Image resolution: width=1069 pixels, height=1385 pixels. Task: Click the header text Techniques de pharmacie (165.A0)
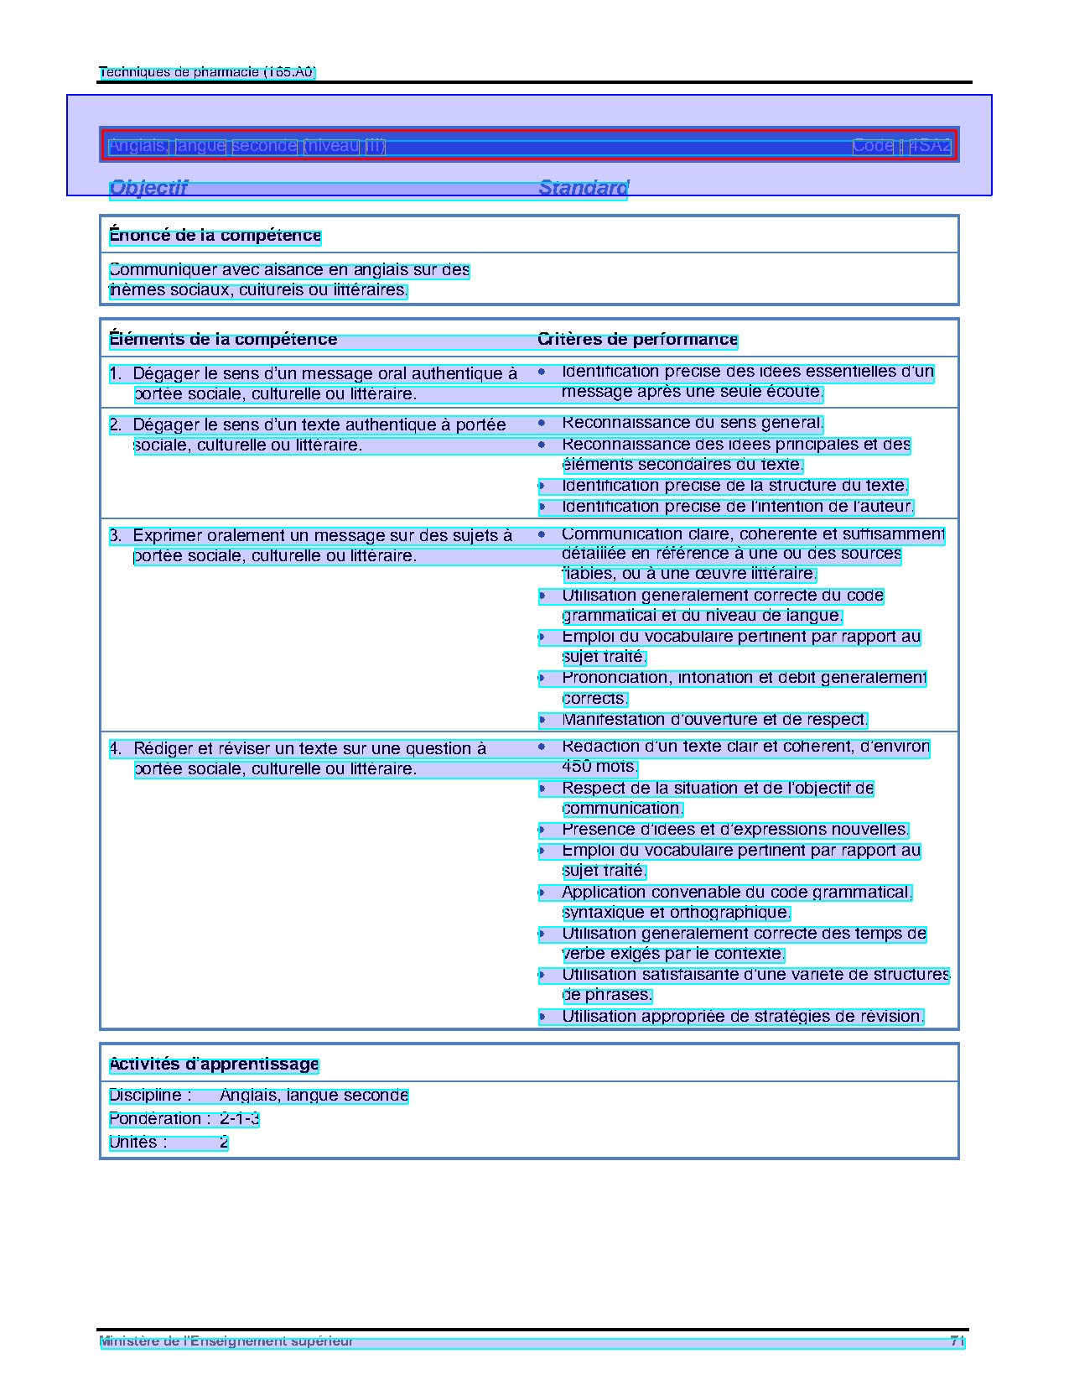point(207,72)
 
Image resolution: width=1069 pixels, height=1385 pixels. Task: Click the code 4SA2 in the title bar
point(930,146)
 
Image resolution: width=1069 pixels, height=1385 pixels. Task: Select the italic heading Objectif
point(148,188)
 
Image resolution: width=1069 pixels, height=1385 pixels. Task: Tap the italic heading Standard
point(584,188)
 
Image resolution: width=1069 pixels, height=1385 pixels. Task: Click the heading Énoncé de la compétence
point(215,236)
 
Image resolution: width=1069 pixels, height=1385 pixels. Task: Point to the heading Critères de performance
point(637,340)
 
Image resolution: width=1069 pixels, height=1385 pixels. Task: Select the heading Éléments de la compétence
point(223,340)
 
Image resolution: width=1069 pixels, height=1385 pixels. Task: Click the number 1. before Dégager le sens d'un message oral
point(116,374)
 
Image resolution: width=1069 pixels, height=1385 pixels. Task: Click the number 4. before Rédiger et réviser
point(116,749)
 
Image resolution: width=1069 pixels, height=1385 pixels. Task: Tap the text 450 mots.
point(599,767)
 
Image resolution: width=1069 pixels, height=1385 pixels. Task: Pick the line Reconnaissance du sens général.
point(693,424)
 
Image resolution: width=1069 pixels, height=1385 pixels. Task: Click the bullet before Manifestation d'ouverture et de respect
point(542,720)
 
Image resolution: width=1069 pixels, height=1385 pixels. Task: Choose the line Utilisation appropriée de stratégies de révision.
point(743,1017)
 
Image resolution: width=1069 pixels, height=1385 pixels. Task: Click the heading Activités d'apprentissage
point(214,1065)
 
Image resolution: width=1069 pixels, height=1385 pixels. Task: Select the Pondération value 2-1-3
point(239,1119)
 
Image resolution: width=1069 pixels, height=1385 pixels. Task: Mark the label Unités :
point(138,1143)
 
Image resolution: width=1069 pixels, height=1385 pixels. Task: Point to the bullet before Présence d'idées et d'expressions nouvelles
point(542,830)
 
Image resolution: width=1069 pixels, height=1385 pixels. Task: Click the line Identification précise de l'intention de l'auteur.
point(738,507)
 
